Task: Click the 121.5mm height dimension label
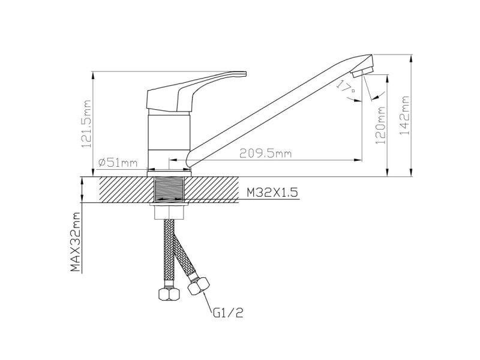point(86,124)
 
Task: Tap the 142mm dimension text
point(404,115)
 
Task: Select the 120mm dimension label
point(380,125)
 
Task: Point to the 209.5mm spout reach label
point(265,153)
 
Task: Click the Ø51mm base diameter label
point(118,163)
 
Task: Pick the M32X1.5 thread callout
point(272,193)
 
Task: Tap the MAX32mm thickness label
point(76,242)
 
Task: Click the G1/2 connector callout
point(228,313)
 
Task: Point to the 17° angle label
point(346,86)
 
